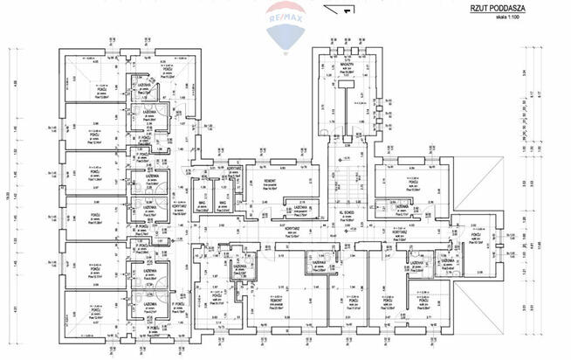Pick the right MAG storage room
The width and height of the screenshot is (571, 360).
click(x=224, y=200)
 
